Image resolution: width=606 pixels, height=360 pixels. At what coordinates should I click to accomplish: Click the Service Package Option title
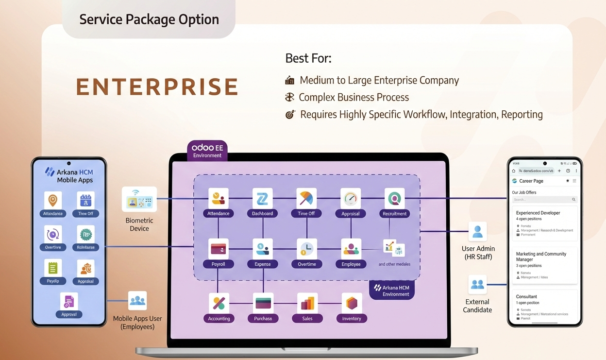(x=149, y=19)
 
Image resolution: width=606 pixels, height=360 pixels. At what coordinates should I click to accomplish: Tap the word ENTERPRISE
(x=157, y=87)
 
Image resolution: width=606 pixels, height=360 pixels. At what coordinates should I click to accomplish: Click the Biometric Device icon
(x=139, y=199)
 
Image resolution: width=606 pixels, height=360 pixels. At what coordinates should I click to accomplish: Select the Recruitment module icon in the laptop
(x=394, y=198)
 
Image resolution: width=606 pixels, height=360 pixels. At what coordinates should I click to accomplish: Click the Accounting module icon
(x=219, y=303)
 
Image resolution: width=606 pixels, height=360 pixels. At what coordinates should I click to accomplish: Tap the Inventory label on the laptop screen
(x=352, y=319)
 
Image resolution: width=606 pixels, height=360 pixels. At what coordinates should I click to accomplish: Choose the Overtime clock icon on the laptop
(x=306, y=248)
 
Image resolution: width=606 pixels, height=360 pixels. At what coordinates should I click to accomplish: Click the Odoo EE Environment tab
(x=207, y=151)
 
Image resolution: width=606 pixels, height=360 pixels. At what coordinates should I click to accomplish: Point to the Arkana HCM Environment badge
(x=392, y=291)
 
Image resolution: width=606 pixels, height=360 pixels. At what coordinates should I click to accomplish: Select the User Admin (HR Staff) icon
(x=477, y=232)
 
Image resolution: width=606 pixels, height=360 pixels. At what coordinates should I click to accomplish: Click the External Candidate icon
(x=477, y=285)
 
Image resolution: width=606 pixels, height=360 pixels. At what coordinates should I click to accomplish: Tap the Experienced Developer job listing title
(x=538, y=213)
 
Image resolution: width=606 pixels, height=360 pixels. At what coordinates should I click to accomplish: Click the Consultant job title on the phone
(x=526, y=296)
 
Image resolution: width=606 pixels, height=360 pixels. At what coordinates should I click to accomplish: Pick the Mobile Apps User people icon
(x=137, y=301)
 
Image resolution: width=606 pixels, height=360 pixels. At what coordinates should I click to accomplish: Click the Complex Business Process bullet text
(x=353, y=97)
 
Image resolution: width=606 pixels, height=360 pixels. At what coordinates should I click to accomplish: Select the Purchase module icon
(x=263, y=303)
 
